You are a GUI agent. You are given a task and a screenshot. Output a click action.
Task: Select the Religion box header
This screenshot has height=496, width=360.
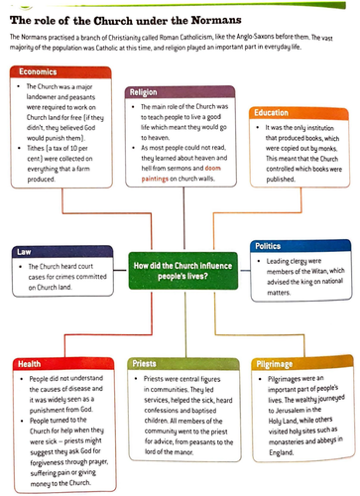pos(148,92)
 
